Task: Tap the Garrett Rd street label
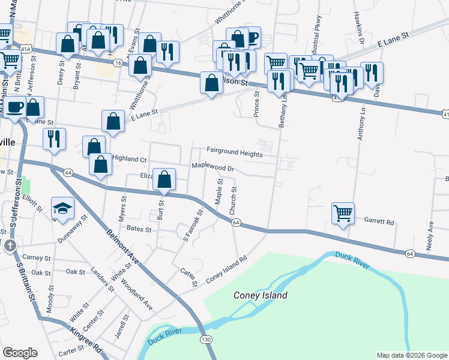379,221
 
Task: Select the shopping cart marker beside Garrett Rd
343,212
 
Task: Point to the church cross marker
10,246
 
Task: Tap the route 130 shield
206,340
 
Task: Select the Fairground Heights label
235,154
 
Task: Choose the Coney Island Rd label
227,271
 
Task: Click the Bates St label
138,229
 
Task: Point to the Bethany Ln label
283,112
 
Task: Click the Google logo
20,353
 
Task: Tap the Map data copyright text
411,355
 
